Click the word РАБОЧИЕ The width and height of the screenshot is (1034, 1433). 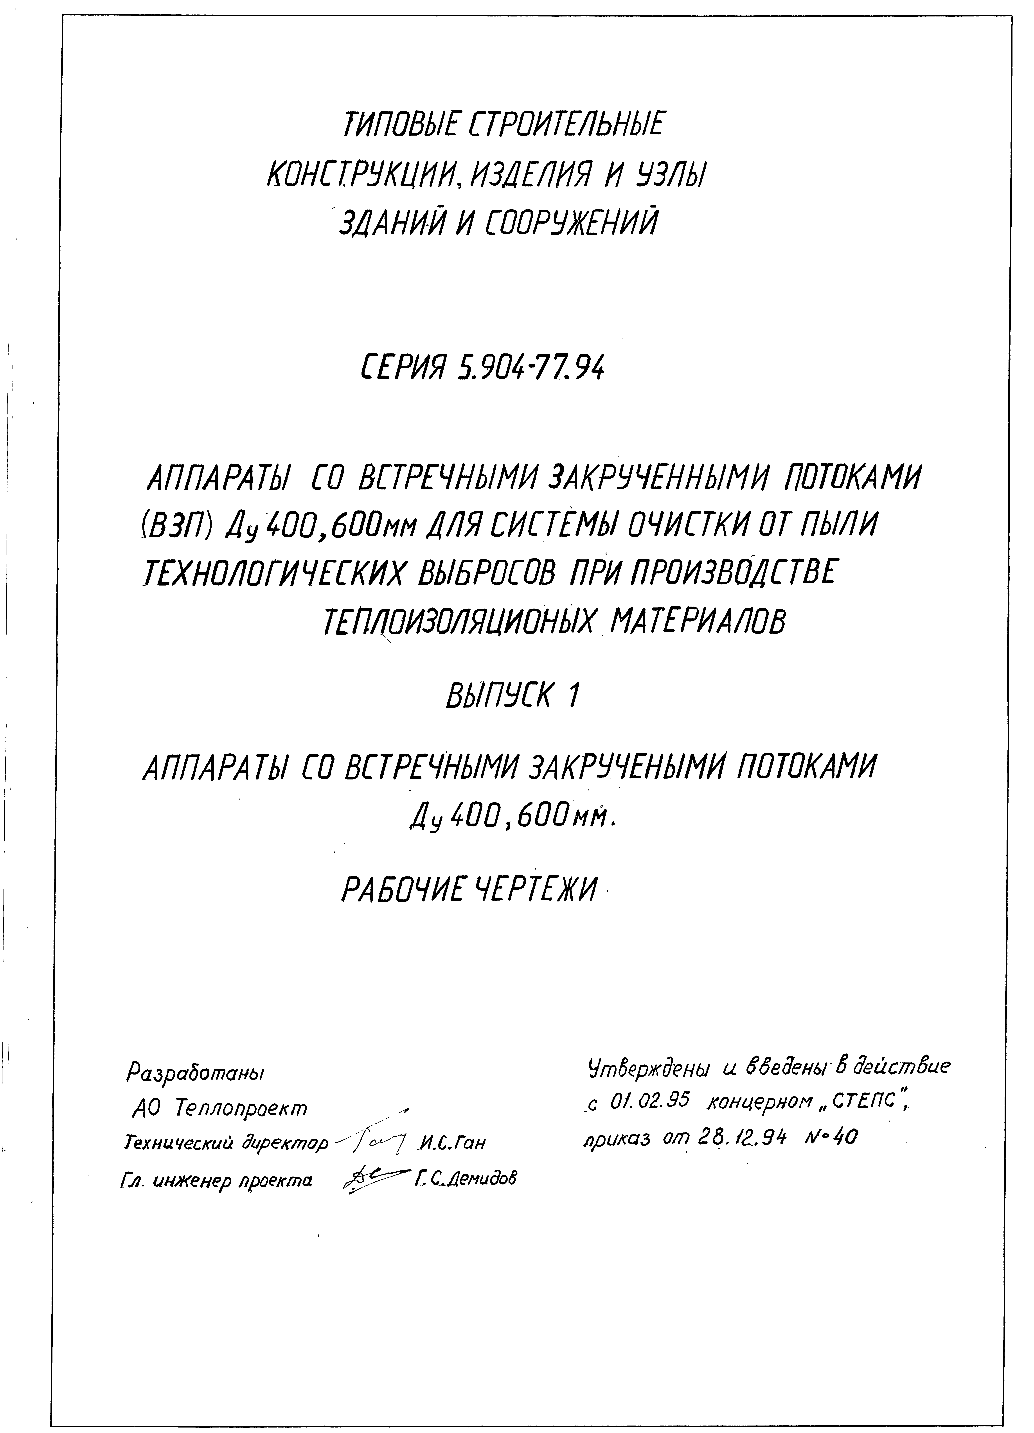pyautogui.click(x=405, y=891)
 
